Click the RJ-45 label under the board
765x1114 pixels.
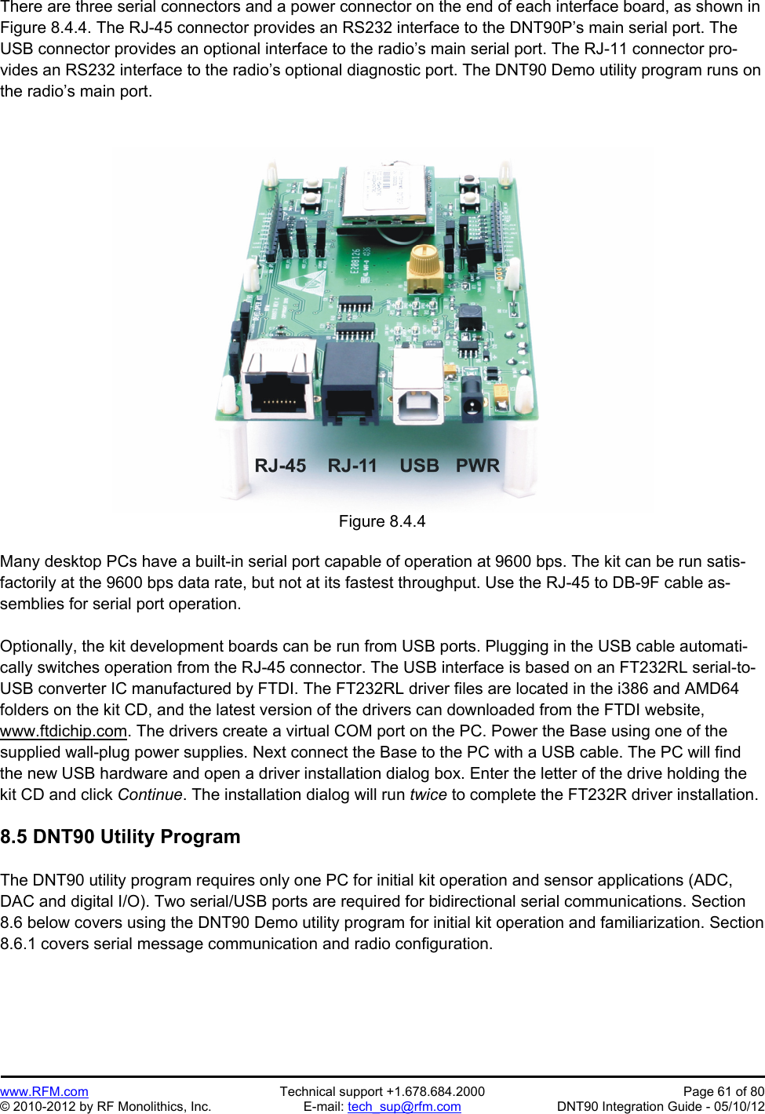280,466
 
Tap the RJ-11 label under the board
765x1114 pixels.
352,466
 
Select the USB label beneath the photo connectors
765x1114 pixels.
419,466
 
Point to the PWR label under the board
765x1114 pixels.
477,466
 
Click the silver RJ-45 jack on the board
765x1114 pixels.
279,381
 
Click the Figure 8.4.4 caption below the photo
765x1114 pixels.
382,521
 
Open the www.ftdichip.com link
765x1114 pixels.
64,731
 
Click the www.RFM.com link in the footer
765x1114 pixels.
44,1091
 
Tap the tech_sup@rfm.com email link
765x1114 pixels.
404,1106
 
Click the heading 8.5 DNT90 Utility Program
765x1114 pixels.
120,836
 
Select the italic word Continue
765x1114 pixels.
149,794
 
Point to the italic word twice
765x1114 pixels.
428,794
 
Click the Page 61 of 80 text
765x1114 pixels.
723,1091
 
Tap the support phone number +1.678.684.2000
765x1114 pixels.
435,1091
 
